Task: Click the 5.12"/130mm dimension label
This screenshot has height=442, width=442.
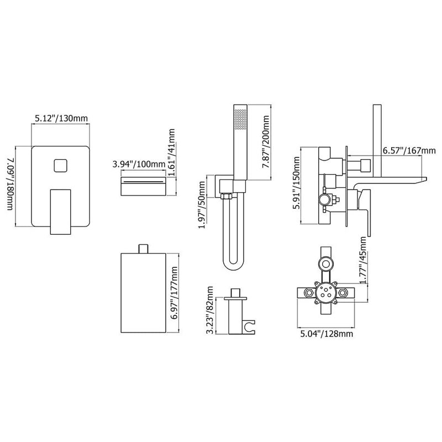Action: (x=61, y=118)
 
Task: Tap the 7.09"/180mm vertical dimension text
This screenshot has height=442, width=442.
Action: (x=10, y=185)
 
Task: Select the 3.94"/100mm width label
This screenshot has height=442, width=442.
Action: (x=139, y=164)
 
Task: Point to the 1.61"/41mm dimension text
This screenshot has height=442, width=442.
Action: (x=171, y=152)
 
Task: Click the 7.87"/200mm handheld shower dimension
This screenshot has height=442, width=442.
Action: (x=266, y=143)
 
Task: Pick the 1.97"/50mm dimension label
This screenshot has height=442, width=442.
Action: (x=202, y=201)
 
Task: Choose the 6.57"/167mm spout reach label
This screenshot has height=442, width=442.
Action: (x=409, y=150)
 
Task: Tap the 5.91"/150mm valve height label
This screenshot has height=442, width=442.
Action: (x=296, y=183)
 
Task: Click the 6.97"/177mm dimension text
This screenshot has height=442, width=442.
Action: (x=175, y=293)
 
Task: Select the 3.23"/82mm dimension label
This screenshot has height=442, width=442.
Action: (x=210, y=310)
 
